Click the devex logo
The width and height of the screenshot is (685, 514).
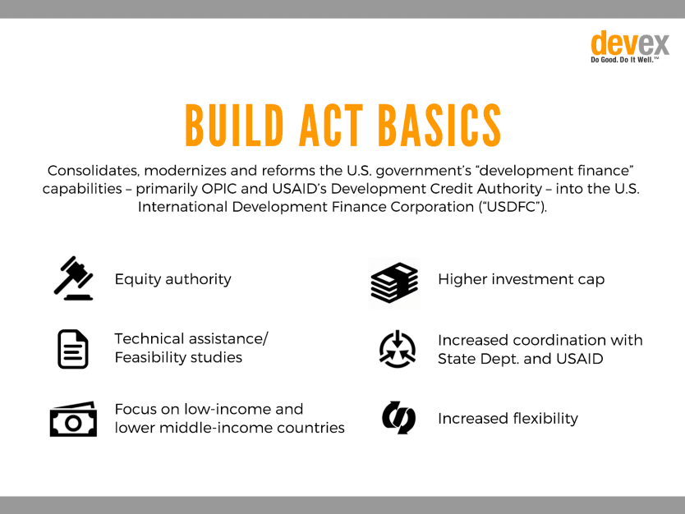(x=629, y=47)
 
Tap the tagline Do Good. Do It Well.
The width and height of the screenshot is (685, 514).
(x=624, y=60)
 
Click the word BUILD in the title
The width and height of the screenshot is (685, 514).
(x=235, y=126)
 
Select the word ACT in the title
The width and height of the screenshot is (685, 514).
(x=331, y=126)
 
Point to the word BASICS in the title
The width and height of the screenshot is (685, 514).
(x=439, y=126)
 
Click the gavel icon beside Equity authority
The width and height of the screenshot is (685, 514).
(x=73, y=278)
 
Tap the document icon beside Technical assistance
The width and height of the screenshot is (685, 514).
(x=73, y=349)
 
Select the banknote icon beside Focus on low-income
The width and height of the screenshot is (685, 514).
(x=73, y=419)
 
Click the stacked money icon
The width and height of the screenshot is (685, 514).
(x=394, y=282)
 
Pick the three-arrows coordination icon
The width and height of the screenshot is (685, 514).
(x=397, y=349)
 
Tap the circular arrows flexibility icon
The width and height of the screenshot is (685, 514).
(x=398, y=417)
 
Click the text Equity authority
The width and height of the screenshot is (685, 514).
(x=173, y=279)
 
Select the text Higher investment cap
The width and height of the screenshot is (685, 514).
(x=522, y=279)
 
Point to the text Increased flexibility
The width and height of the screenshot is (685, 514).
(x=508, y=419)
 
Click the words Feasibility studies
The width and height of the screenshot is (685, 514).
(x=178, y=357)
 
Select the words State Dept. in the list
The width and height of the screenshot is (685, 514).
(x=478, y=359)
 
